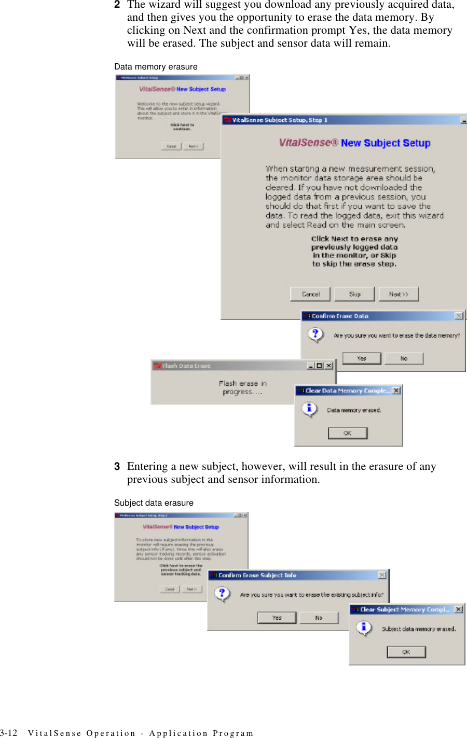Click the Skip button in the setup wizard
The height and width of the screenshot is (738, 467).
pos(354,294)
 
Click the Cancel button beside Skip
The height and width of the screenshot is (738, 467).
pos(310,294)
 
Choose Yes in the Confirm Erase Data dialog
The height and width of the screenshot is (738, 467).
pos(362,358)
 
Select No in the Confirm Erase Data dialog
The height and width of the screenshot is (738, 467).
pos(404,358)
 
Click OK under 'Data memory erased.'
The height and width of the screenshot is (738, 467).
pos(348,433)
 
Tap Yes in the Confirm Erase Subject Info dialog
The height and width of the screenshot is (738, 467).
pos(277,618)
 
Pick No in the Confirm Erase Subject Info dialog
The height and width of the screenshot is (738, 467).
pos(319,618)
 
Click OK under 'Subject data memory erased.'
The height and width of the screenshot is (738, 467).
pos(406,652)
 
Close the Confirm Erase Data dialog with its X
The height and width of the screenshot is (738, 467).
pos(459,316)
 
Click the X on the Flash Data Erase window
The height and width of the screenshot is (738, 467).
pos(329,366)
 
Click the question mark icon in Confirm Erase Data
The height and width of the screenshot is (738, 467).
pos(315,334)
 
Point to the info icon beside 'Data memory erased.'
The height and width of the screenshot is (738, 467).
pos(309,409)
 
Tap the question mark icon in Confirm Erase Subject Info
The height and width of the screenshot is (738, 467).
pos(222,593)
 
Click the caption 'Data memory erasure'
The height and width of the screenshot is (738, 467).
pos(156,67)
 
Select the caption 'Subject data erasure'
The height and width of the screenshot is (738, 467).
pos(154,503)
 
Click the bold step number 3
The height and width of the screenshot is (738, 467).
pos(117,467)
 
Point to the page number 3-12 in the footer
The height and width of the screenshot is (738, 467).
pos(9,733)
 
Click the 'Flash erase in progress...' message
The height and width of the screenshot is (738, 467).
pos(242,387)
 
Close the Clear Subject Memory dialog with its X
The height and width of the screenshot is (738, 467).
pos(458,609)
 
